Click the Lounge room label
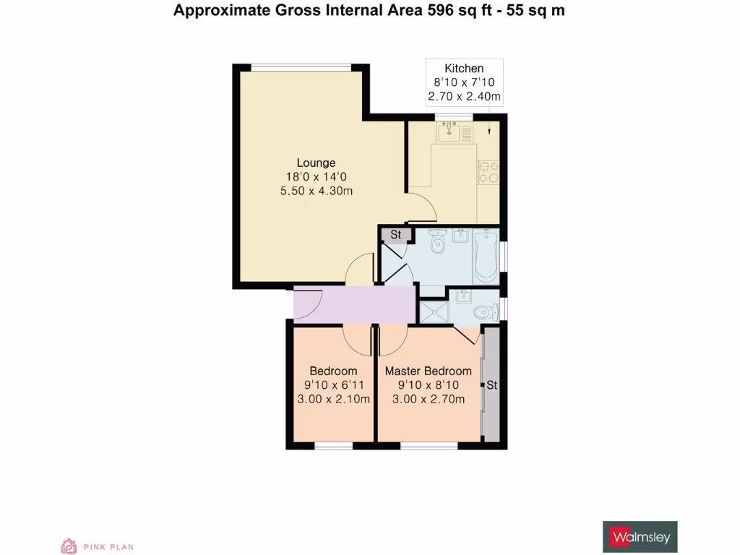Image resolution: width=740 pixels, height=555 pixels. click(x=316, y=163)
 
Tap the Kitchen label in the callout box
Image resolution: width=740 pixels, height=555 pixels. click(x=464, y=69)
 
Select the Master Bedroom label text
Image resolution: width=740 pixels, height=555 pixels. click(x=428, y=371)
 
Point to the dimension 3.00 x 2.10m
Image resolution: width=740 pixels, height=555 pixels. click(x=334, y=399)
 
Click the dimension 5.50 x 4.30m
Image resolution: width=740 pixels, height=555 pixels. click(x=316, y=191)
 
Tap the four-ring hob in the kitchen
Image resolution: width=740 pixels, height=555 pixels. click(x=487, y=171)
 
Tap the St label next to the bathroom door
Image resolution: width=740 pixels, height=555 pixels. click(x=396, y=235)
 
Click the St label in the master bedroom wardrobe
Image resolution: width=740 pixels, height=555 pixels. click(x=491, y=385)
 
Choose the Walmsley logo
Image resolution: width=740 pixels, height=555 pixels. click(x=640, y=537)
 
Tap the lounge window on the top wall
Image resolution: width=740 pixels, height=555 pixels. click(x=302, y=68)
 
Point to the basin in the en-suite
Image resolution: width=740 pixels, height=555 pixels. click(x=462, y=296)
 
